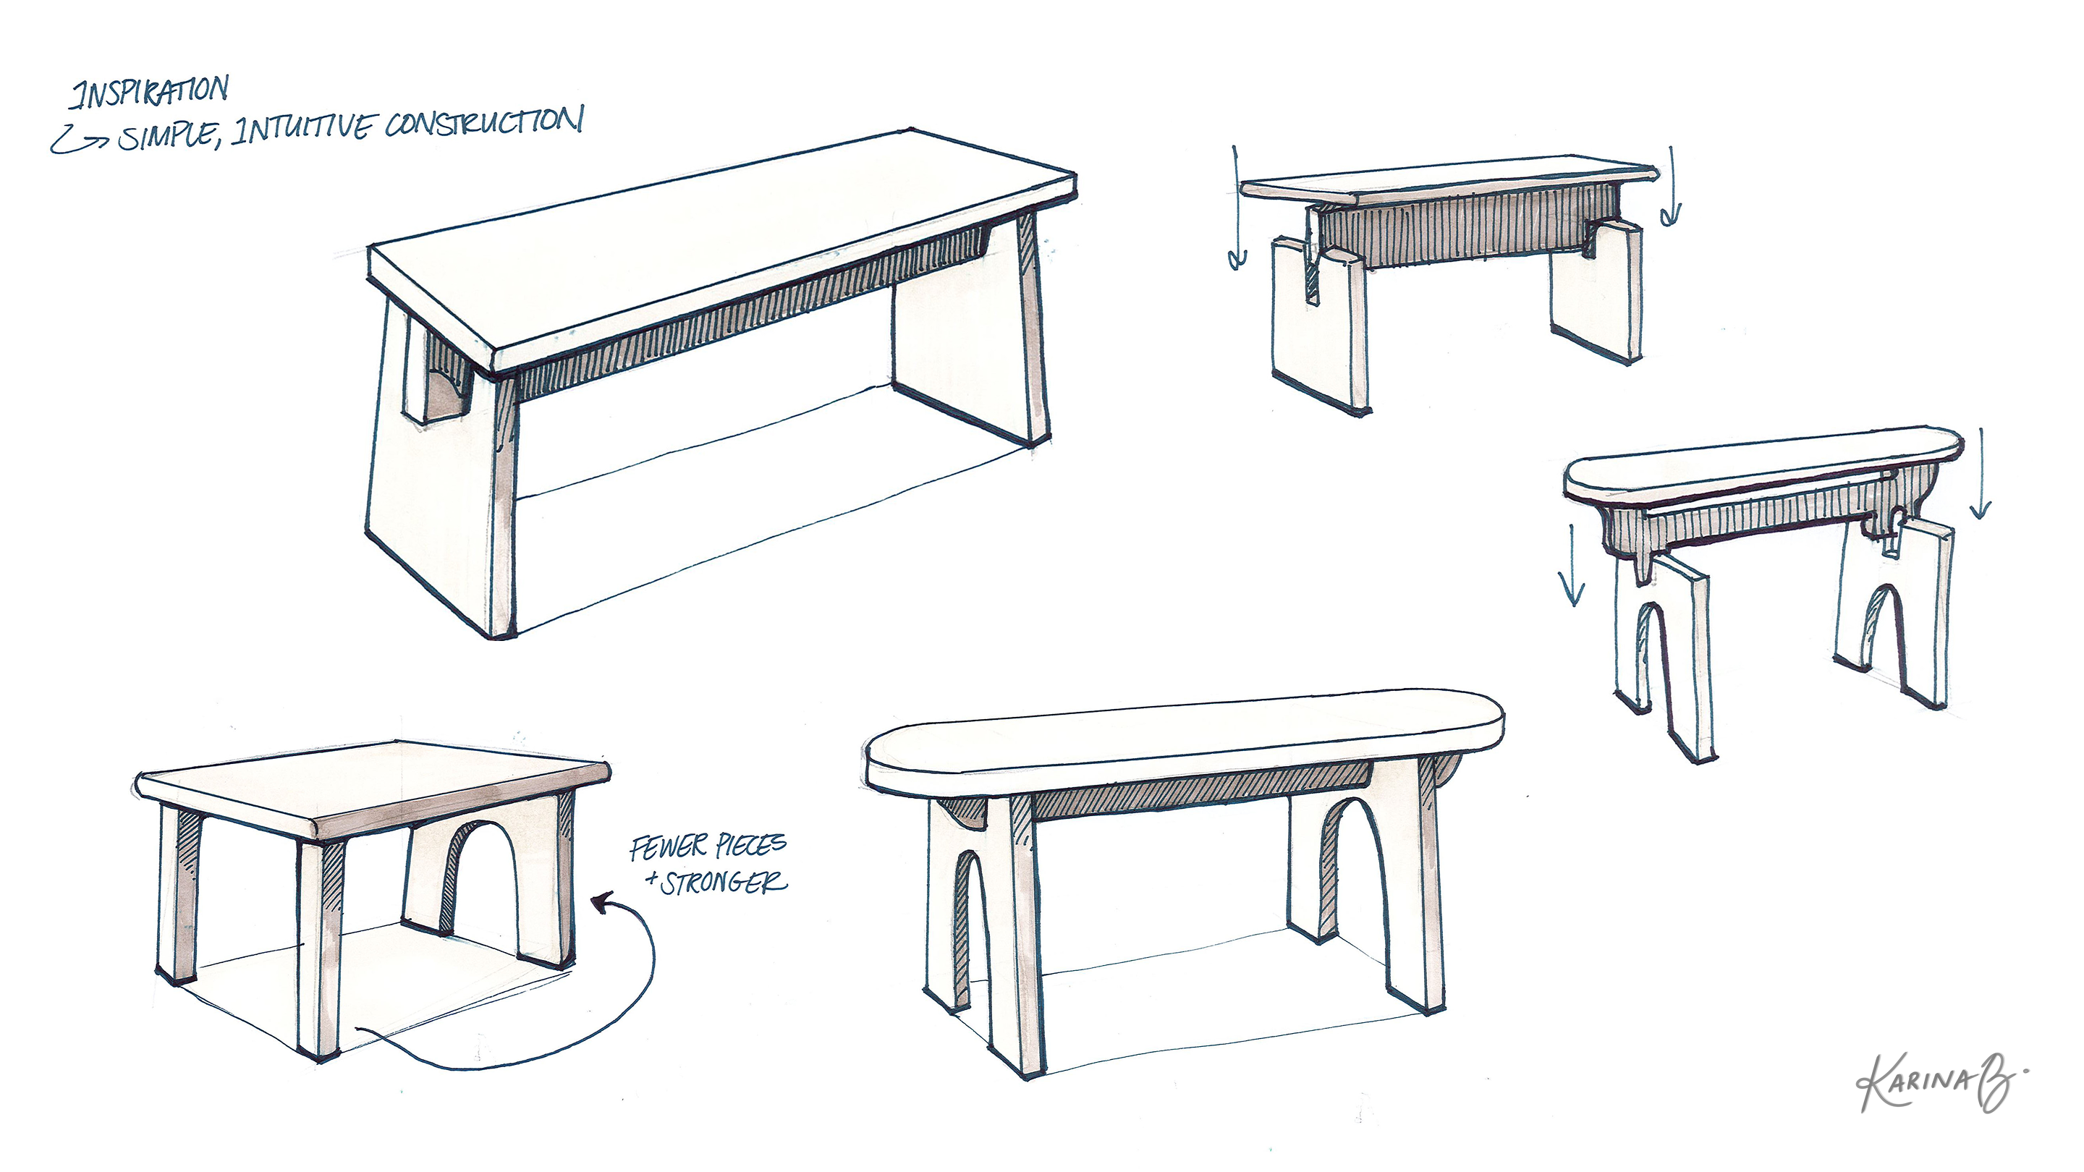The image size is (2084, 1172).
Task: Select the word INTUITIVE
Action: [x=303, y=129]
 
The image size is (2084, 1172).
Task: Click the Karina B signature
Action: [x=1941, y=1082]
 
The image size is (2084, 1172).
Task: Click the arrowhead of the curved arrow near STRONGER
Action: [x=601, y=902]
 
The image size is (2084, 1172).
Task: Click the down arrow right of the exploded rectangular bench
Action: [x=1671, y=187]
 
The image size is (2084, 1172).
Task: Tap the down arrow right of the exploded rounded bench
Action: [x=1980, y=472]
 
